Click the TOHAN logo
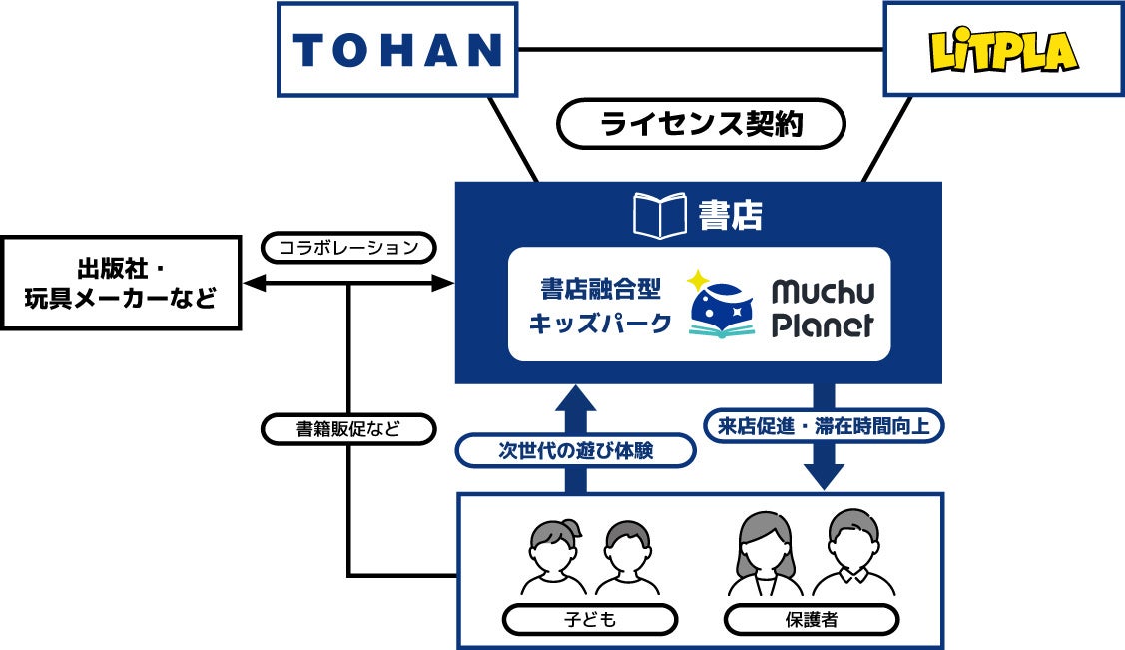coord(396,49)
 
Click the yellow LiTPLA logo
coord(1002,50)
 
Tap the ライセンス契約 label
coord(700,124)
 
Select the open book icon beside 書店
coord(660,215)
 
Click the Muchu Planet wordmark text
coord(823,307)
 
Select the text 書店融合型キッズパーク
coord(597,306)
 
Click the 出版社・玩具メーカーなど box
coord(121,283)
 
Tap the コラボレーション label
coord(346,246)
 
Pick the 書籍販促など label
coord(348,429)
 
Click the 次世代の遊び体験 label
coord(575,451)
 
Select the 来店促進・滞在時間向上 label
coord(824,426)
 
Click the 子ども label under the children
coord(591,619)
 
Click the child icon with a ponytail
coord(551,555)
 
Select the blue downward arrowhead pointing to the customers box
coord(824,477)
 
